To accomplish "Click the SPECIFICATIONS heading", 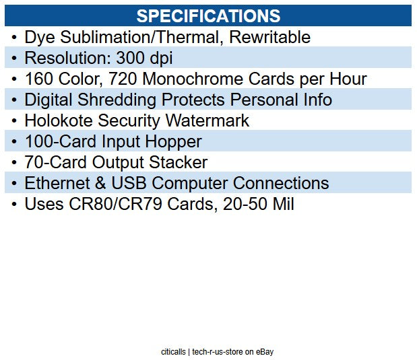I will [x=208, y=16].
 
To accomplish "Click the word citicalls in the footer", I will [x=173, y=351].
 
